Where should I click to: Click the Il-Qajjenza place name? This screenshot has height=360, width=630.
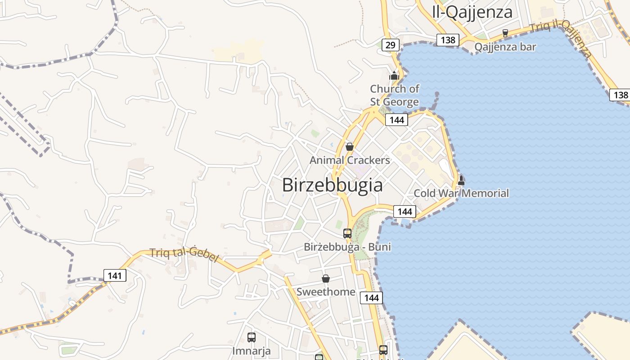click(472, 12)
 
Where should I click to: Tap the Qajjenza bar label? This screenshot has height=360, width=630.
click(505, 47)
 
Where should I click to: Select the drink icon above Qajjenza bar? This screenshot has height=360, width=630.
click(505, 33)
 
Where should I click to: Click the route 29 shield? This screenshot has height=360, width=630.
click(391, 45)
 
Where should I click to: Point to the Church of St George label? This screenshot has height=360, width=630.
click(395, 95)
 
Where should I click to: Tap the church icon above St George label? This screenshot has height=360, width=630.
click(395, 76)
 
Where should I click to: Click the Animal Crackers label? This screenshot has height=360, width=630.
click(350, 160)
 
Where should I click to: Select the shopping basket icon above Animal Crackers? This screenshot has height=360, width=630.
click(350, 146)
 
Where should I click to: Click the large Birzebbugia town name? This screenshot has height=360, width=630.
click(332, 185)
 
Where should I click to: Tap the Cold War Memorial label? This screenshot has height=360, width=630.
click(461, 193)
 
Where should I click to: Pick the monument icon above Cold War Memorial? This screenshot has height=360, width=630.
click(461, 180)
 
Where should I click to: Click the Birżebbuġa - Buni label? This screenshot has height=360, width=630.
click(347, 247)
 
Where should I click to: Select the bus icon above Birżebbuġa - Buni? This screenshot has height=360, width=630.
click(347, 233)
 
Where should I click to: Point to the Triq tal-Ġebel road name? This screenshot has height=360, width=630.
click(184, 255)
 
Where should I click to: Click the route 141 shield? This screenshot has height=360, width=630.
click(115, 275)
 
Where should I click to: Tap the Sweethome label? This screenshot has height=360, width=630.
click(326, 292)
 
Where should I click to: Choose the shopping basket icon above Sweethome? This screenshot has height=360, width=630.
click(326, 279)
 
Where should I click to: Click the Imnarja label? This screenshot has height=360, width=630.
click(252, 350)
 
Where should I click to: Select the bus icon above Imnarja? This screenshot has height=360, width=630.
click(252, 337)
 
